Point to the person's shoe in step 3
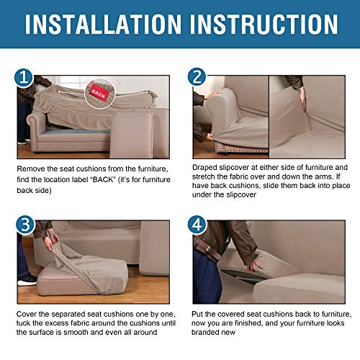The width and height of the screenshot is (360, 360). tap(27, 279)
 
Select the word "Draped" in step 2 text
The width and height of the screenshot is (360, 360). tap(206, 168)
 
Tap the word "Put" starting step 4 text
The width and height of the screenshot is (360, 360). tap(199, 315)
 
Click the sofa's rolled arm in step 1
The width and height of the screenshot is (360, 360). tap(27, 115)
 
